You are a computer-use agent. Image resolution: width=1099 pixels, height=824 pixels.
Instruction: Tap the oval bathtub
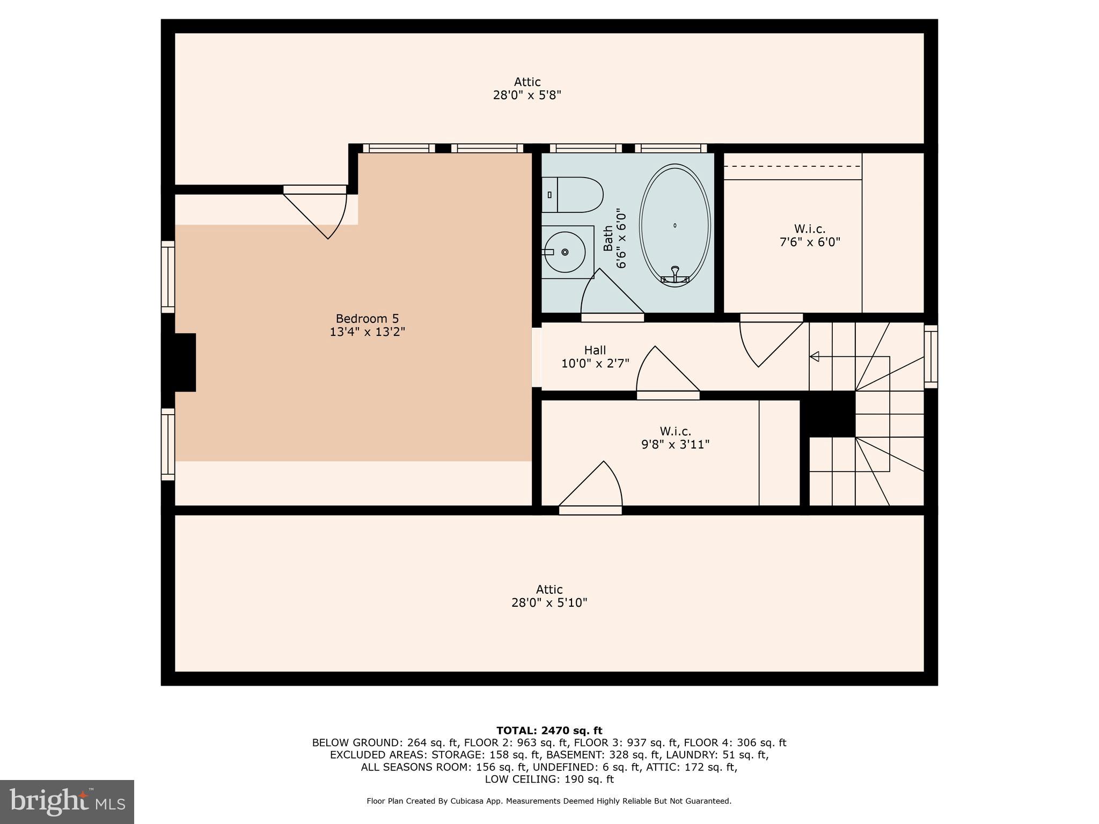[675, 225]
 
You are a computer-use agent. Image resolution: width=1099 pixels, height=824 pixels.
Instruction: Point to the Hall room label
[595, 350]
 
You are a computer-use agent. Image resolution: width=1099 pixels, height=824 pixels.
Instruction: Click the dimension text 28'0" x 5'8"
[527, 95]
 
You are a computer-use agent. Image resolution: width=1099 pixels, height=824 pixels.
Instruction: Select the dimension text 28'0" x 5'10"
[549, 603]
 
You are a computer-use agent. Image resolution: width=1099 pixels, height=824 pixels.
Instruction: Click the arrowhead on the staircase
[814, 356]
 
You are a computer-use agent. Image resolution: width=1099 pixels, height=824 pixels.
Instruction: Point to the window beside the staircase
[931, 357]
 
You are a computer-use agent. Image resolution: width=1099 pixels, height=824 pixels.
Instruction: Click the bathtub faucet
[675, 274]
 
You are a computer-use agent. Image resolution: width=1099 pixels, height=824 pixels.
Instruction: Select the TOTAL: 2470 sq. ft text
[549, 731]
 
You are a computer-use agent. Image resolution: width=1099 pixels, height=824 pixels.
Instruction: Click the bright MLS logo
[67, 801]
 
